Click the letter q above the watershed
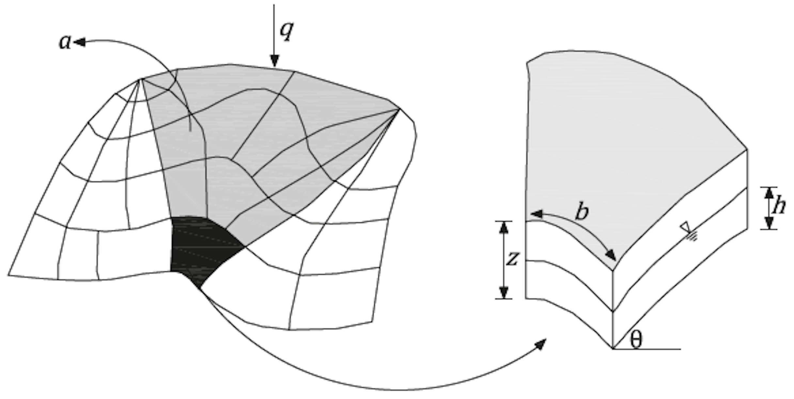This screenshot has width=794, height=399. point(287,31)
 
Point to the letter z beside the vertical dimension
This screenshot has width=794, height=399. point(512,259)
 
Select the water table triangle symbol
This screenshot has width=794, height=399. point(685,226)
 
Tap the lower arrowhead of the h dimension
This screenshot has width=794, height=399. point(770,224)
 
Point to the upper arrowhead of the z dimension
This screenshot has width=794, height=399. point(504,226)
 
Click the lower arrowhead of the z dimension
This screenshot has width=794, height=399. point(504,293)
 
